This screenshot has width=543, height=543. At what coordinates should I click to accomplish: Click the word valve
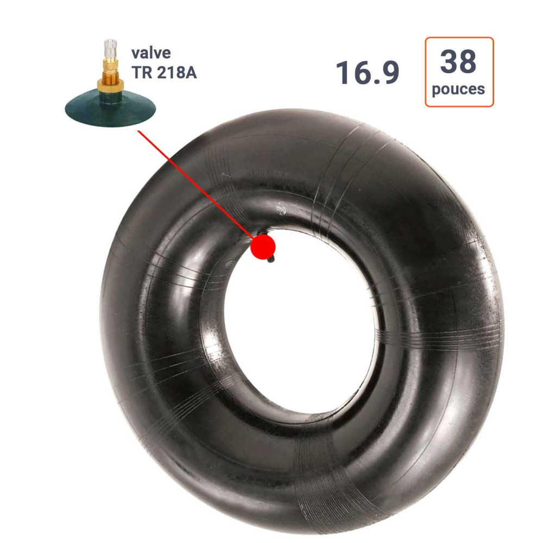pos(151,53)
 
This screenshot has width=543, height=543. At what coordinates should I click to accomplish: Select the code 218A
pos(176,73)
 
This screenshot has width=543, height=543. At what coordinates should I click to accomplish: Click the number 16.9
pos(368,73)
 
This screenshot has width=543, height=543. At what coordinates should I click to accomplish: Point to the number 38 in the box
pos(458,61)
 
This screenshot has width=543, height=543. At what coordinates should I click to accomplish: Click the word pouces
pos(458,90)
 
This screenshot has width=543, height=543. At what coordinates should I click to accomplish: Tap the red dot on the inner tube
pos(263,247)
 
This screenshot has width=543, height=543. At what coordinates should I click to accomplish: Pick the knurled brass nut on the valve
pos(110,85)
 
